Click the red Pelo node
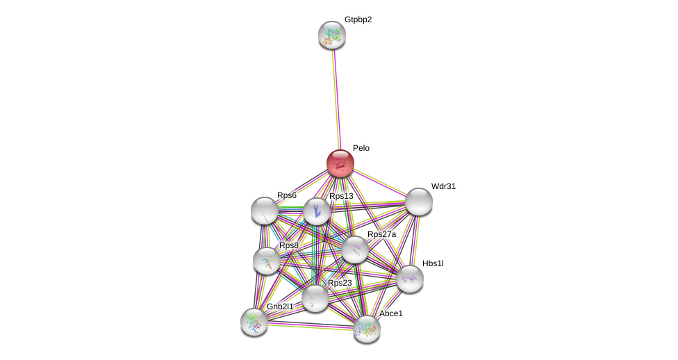[x=340, y=163]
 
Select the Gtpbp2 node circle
[x=332, y=35]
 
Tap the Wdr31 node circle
[x=419, y=202]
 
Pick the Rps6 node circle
[x=265, y=211]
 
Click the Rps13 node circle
[x=317, y=211]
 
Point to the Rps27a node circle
[x=355, y=249]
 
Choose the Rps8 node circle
[x=267, y=261]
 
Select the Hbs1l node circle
[x=410, y=279]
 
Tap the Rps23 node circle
[x=315, y=298]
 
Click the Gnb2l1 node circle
[x=254, y=322]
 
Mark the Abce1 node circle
[x=367, y=329]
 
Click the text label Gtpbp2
[x=358, y=19]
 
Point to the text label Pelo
[x=361, y=148]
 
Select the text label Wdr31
[x=443, y=186]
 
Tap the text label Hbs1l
[x=433, y=263]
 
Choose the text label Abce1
[x=390, y=313]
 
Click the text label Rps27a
[x=381, y=234]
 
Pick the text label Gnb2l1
[x=280, y=306]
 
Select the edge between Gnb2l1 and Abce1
[x=311, y=325]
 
